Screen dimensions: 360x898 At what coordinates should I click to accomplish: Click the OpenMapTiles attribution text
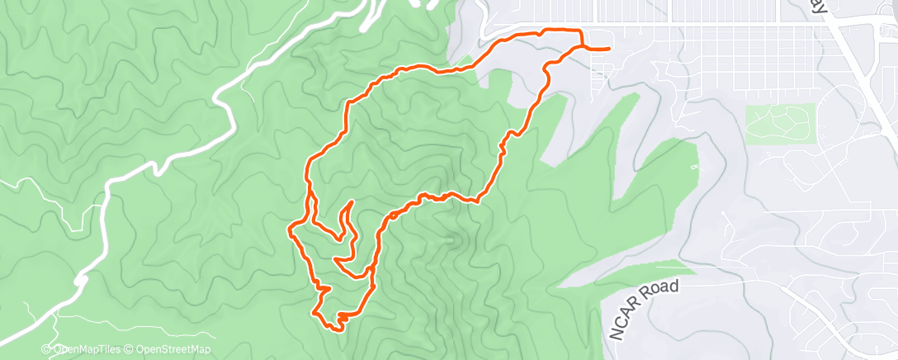tap(89, 350)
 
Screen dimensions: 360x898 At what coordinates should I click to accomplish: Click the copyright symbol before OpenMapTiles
tap(46, 350)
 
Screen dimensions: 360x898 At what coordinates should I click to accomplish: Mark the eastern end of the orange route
tap(609, 49)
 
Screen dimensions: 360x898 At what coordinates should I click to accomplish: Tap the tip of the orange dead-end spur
tap(352, 201)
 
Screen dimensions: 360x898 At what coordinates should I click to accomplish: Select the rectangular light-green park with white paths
tap(780, 121)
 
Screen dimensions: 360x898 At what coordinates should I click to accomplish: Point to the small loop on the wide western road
tap(80, 282)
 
